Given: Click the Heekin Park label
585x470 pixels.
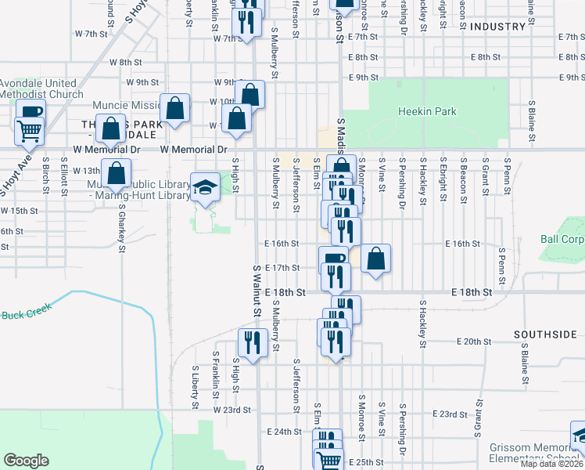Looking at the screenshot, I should point(427,112).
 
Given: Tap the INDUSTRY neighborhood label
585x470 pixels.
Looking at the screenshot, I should point(497,27).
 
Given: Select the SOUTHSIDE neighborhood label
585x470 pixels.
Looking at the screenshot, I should point(545,334).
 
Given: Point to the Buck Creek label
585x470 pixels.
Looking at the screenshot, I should point(26,313).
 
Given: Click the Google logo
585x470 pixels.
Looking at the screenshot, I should point(26,460).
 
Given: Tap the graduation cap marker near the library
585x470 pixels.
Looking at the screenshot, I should point(206,187).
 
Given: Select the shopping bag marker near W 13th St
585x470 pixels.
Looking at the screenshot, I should point(117,174).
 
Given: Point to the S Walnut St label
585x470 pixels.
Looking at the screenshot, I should point(257,290).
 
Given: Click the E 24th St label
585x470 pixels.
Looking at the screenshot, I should point(283,432).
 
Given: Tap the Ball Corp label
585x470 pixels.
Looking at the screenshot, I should point(562,239).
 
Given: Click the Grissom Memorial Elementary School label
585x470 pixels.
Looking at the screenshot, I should point(537,454).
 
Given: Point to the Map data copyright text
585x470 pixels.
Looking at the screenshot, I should point(552,464).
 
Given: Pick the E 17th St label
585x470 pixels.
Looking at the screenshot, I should point(282,267).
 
